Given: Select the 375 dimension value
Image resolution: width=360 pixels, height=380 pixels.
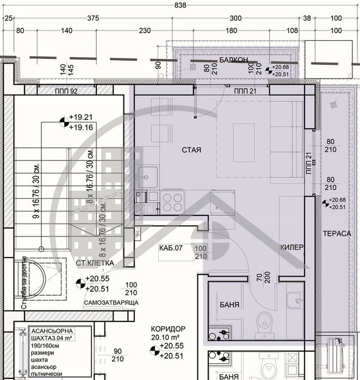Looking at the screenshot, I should (x=93, y=18).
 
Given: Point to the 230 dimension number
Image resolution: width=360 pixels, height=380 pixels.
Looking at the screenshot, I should (x=145, y=31).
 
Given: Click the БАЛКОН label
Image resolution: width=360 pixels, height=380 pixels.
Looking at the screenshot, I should (x=234, y=60).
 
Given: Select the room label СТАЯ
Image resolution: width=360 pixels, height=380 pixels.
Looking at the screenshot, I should (x=189, y=149).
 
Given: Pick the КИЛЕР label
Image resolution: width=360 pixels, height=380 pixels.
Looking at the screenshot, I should (x=291, y=247).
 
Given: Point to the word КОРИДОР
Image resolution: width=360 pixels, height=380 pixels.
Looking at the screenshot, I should (x=169, y=329).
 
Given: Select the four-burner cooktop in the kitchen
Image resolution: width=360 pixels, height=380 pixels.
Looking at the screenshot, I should (x=172, y=202).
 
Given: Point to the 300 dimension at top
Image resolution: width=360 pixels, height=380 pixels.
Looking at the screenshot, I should (x=235, y=18).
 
